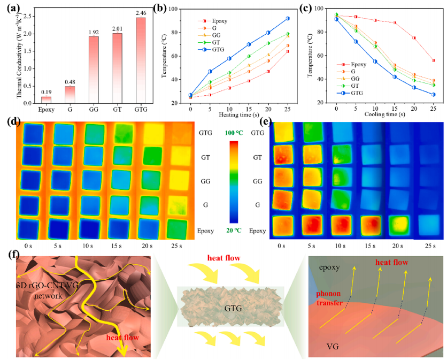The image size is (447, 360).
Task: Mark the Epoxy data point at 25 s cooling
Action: click(433, 60)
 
